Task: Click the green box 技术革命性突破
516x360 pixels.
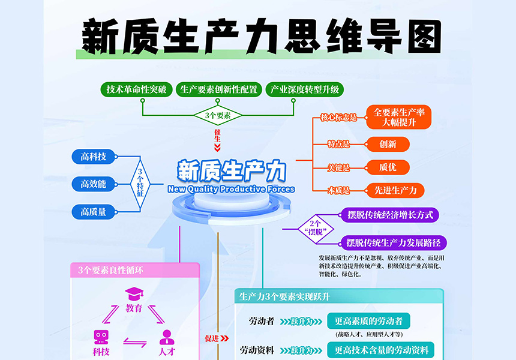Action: (138, 89)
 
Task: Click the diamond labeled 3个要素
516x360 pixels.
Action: (217, 115)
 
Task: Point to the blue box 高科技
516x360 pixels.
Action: (93, 157)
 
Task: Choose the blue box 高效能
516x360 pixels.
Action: (93, 184)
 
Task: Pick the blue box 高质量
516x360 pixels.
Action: (93, 211)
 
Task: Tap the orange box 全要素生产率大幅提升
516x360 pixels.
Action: (399, 117)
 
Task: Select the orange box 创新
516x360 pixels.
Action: (388, 144)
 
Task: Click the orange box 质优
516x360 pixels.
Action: (388, 167)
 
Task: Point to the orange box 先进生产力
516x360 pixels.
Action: (395, 191)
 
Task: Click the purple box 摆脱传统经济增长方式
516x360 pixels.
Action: (389, 214)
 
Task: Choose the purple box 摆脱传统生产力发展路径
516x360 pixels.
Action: (393, 242)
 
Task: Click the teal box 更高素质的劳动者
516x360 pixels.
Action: (368, 320)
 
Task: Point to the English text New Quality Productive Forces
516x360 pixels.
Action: (232, 189)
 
